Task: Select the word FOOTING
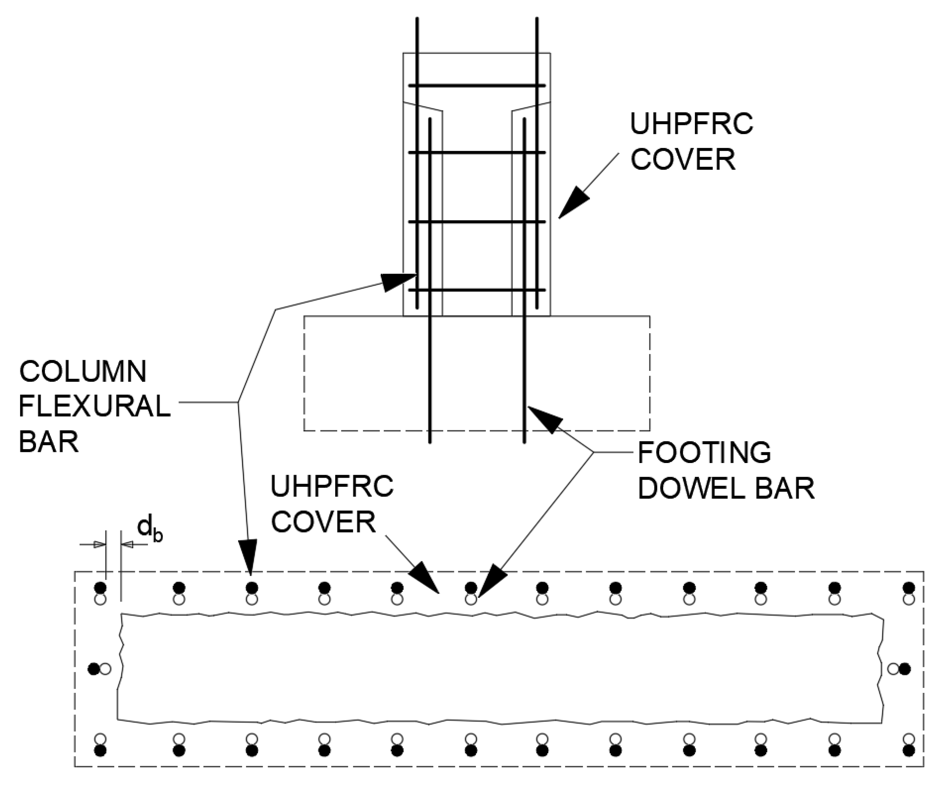point(704,453)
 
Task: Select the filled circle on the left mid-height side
point(93,669)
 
